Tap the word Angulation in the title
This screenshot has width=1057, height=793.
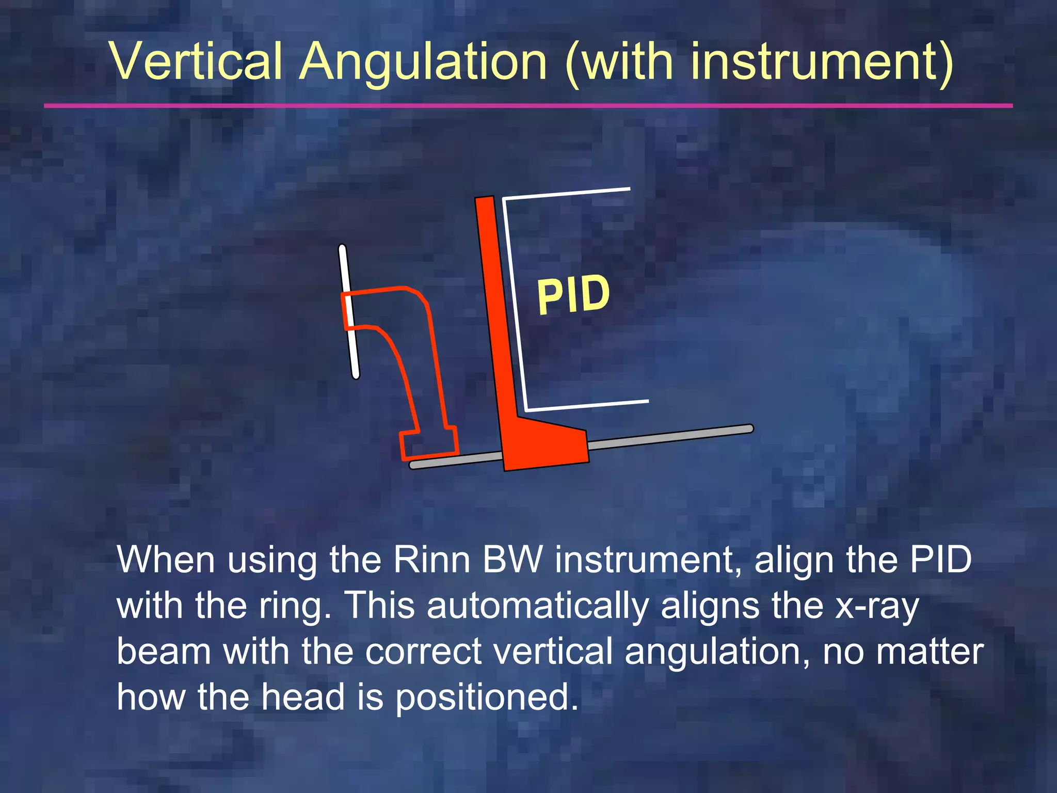tap(423, 63)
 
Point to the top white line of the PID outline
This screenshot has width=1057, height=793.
tap(568, 194)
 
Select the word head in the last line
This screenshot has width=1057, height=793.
tap(302, 697)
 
